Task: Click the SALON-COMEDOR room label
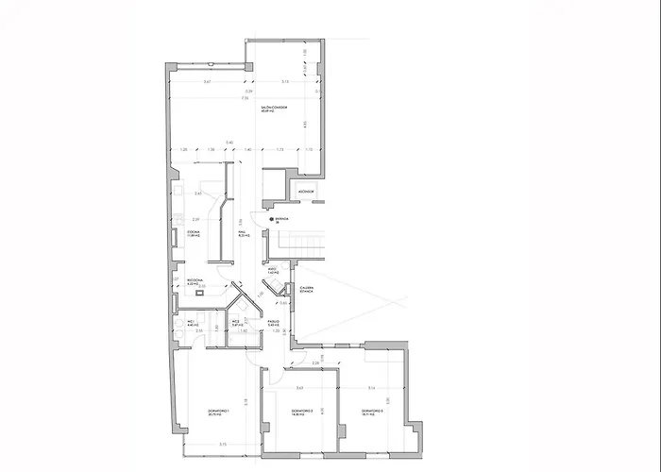coord(274,110)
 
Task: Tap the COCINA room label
coord(192,233)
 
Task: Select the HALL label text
coord(242,233)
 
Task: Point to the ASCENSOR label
coord(307,191)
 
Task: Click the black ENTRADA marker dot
coord(271,219)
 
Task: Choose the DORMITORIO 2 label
coord(300,412)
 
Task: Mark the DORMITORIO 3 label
coord(372,412)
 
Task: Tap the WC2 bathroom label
coord(237,323)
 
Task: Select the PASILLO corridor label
coord(273,323)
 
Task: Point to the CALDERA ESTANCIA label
coord(307,289)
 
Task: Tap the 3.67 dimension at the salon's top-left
coord(207,83)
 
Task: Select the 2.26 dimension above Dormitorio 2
coord(315,361)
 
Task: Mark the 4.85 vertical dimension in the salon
coord(304,124)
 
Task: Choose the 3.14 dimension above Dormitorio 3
coord(372,388)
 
